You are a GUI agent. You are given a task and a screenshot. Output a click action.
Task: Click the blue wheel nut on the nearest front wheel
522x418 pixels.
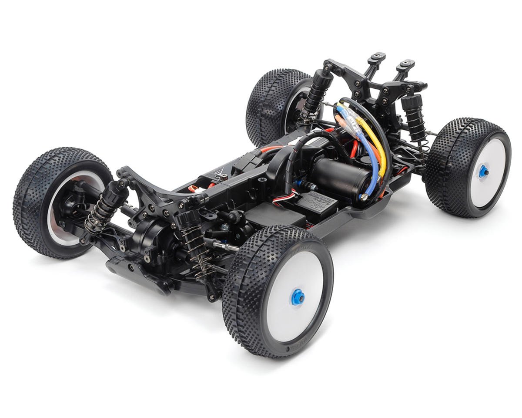click(298, 298)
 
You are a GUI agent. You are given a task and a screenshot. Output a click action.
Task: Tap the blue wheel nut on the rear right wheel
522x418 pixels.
click(483, 172)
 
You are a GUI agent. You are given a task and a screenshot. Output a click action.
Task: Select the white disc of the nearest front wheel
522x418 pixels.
click(296, 292)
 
